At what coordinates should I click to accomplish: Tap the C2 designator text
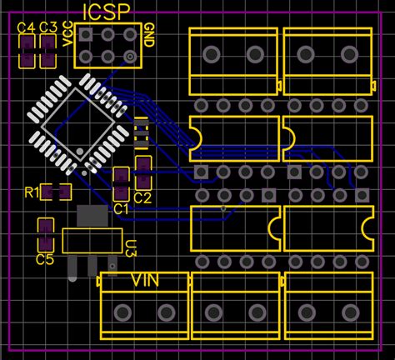point(142,197)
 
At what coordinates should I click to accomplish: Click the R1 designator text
point(31,193)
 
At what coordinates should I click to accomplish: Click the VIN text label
point(147,280)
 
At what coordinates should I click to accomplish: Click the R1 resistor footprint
point(57,192)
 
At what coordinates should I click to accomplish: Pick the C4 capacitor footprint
point(27,52)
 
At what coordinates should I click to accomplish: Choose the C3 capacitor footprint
point(48,52)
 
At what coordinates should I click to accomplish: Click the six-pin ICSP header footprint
point(107,46)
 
